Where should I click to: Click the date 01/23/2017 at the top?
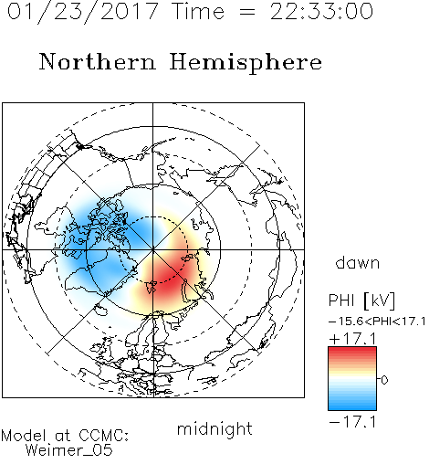point(83,12)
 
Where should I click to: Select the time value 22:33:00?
point(321,12)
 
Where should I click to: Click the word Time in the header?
point(198,11)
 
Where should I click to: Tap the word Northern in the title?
point(98,61)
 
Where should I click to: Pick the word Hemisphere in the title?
point(246,63)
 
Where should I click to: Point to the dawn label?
point(358,263)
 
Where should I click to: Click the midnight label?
point(214,429)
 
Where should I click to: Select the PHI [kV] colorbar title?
point(361,301)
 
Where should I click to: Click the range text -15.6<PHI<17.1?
point(377,322)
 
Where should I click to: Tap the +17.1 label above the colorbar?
point(352,339)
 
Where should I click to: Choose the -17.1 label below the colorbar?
point(352,422)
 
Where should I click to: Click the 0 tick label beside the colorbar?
point(384,380)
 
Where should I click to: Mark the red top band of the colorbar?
point(352,351)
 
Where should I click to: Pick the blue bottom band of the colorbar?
point(352,406)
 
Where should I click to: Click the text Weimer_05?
point(69,450)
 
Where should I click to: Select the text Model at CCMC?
point(65,436)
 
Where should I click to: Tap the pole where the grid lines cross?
point(153,249)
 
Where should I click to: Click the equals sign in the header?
point(247,12)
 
